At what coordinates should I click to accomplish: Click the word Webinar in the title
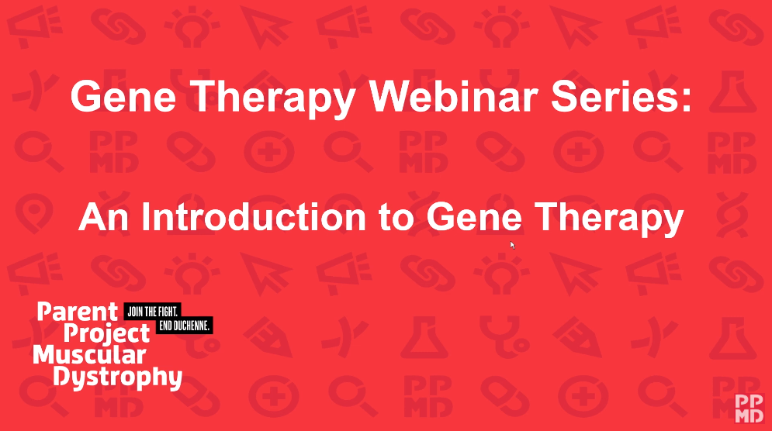pos(453,96)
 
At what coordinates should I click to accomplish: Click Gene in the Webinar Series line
pos(123,96)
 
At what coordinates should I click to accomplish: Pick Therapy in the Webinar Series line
pos(272,98)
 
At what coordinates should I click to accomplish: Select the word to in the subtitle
pos(396,218)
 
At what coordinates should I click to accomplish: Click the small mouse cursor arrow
pos(512,245)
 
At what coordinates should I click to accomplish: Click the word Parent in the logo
pos(78,312)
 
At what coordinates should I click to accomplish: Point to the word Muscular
pos(89,355)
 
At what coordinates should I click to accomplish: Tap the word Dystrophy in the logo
pos(118,378)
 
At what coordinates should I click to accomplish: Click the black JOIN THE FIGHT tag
pos(153,312)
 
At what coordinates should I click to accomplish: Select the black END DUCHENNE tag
pos(184,326)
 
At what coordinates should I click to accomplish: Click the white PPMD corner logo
pos(749,409)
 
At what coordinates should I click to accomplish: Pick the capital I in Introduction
pos(145,216)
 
